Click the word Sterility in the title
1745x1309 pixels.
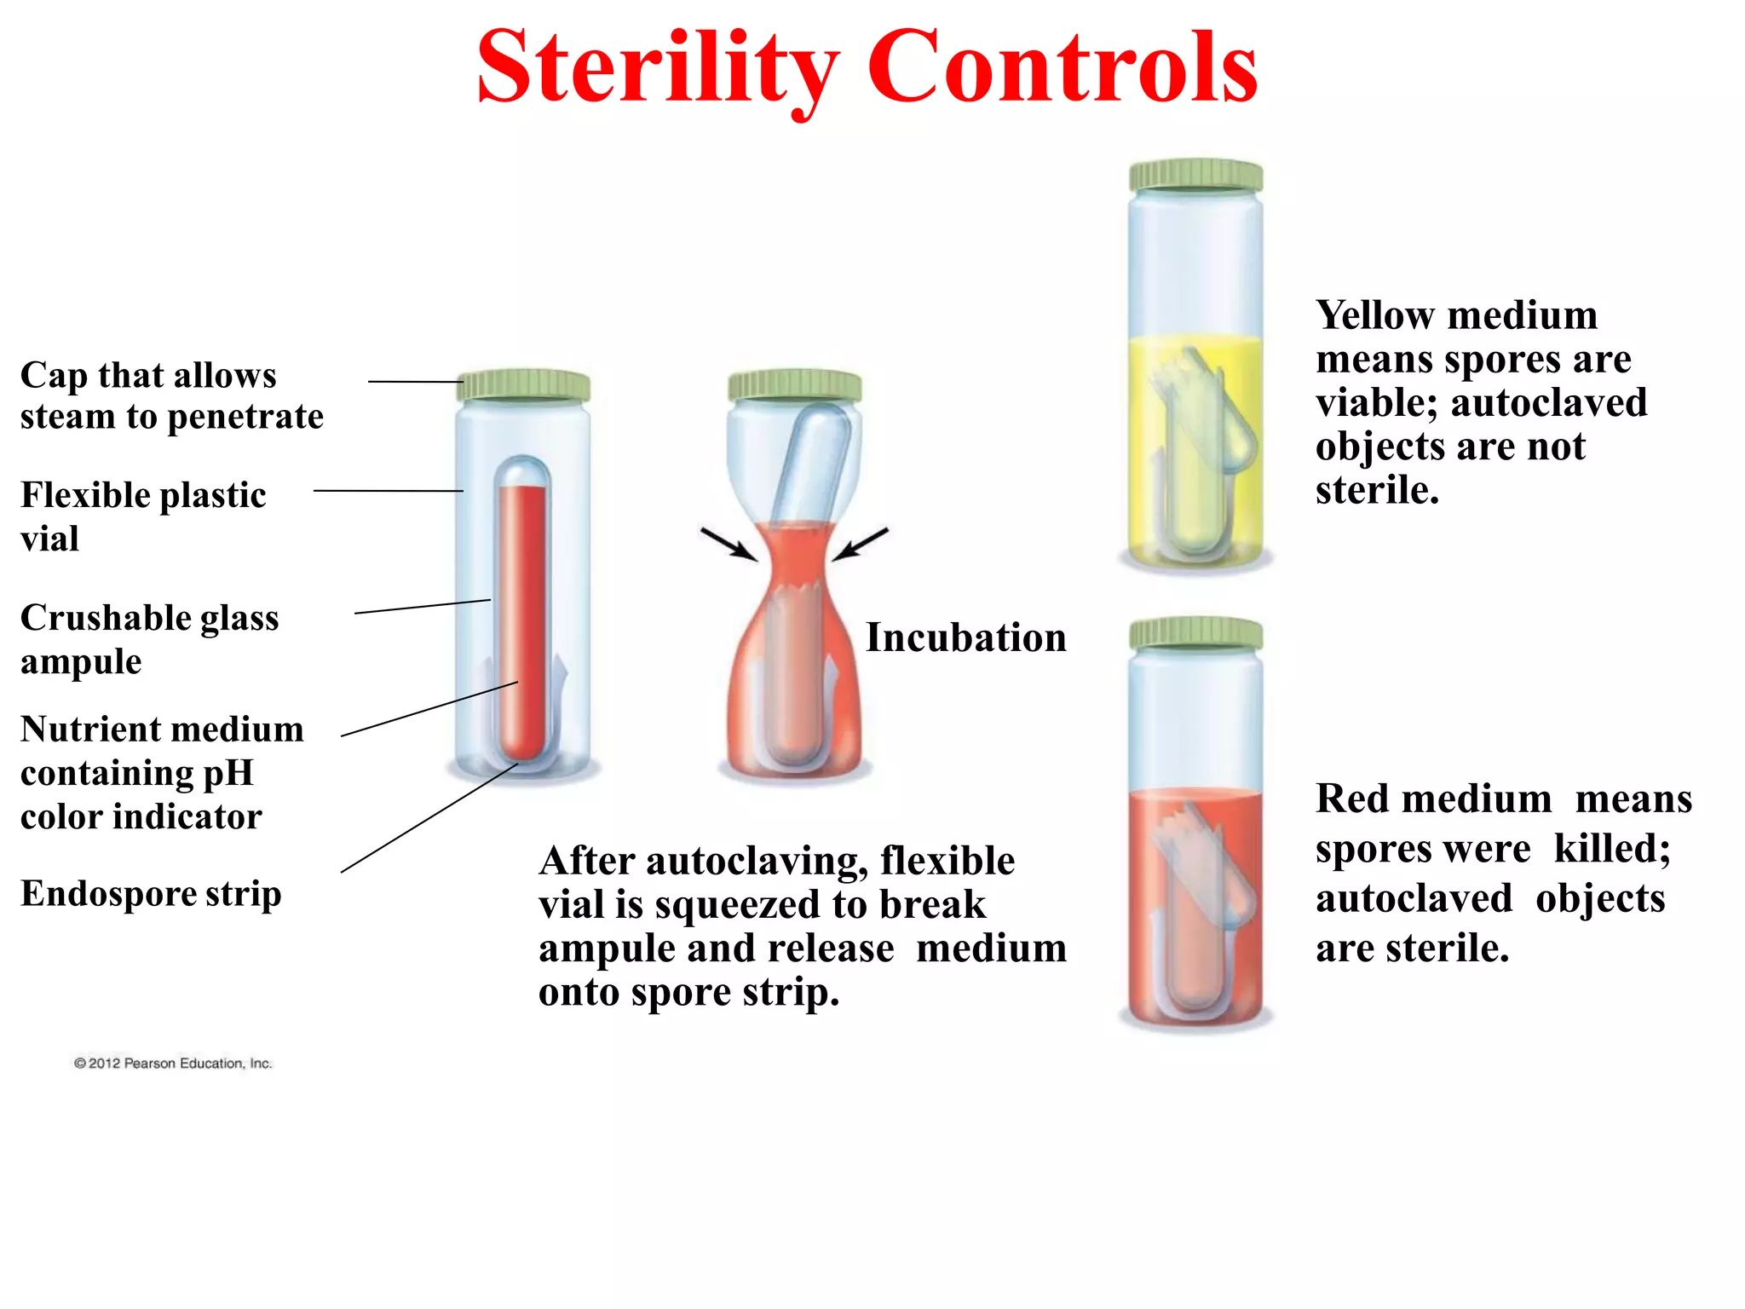point(658,68)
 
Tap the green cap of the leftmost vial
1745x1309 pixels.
point(523,385)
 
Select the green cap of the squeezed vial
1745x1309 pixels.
point(794,385)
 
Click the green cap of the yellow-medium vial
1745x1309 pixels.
point(1195,176)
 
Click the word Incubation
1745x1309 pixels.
point(965,637)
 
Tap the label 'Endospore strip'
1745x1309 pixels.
point(151,893)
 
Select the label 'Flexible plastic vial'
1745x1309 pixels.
point(143,516)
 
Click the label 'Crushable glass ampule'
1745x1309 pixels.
point(149,638)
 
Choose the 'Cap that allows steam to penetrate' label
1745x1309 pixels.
point(171,395)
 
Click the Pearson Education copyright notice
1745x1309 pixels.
point(173,1063)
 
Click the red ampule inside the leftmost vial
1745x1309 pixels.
point(522,614)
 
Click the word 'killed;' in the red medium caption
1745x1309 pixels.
point(1612,848)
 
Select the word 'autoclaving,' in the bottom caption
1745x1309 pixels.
point(757,861)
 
